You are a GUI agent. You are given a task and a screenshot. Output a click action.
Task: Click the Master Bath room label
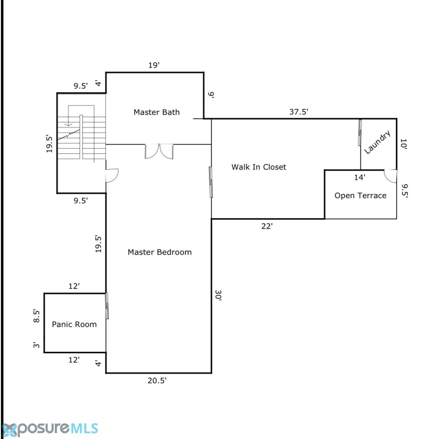tap(156, 112)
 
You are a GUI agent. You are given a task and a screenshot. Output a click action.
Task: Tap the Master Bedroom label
tap(160, 252)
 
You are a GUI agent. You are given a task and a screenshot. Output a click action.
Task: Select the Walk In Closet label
tap(259, 167)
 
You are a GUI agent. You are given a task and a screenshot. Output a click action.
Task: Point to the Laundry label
tap(377, 142)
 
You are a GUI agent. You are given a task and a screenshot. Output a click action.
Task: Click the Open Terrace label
tap(360, 195)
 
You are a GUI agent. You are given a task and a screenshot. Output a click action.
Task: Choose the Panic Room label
tap(74, 324)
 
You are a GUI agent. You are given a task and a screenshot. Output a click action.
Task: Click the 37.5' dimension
tap(299, 112)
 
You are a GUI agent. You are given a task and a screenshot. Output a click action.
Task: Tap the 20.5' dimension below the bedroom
tap(157, 381)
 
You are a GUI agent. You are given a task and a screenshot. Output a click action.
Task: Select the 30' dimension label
tap(218, 295)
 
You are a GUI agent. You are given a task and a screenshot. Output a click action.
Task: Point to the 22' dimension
tap(267, 226)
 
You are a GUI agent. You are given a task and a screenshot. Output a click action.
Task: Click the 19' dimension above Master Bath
tap(154, 65)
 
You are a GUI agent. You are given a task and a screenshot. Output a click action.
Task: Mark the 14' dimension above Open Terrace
tap(359, 177)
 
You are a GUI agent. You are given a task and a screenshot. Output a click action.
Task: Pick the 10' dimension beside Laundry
tap(403, 144)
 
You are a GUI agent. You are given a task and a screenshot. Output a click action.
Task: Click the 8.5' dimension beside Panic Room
tap(36, 316)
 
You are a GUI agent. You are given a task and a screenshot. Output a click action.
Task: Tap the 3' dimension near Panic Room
tap(36, 345)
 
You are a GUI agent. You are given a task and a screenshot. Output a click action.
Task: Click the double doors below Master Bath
tap(159, 151)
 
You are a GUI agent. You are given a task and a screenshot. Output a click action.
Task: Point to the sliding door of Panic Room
tap(107, 306)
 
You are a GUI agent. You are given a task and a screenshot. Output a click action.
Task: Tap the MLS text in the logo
tap(84, 429)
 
